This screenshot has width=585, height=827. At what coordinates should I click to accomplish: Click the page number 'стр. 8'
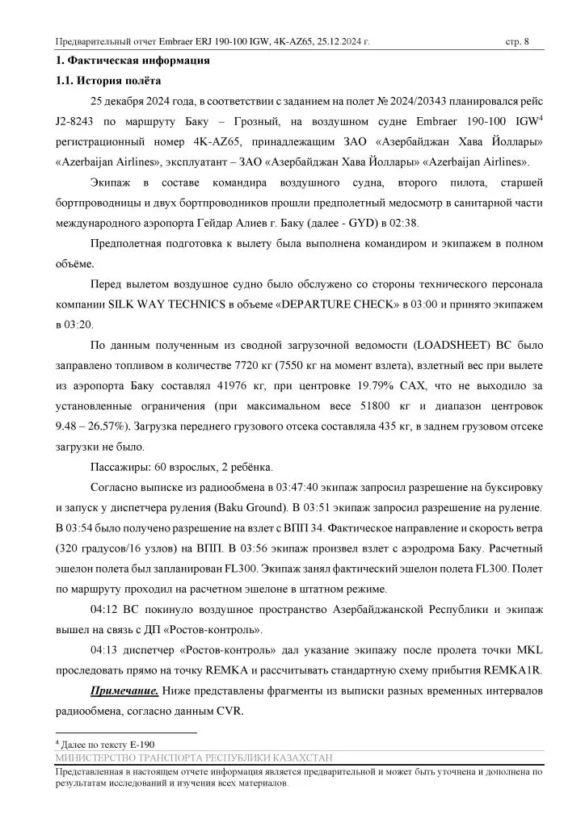(x=517, y=41)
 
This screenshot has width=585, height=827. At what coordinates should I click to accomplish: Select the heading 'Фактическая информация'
(x=139, y=61)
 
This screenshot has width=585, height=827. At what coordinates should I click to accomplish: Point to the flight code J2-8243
(x=74, y=123)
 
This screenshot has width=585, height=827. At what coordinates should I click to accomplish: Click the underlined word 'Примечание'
(x=124, y=692)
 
